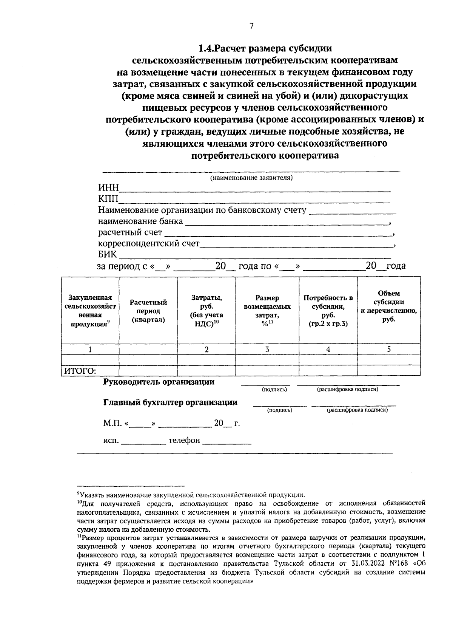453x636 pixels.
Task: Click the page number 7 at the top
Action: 252,26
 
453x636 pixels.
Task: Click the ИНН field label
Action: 108,188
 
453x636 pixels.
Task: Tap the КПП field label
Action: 108,199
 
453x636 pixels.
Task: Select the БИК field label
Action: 108,254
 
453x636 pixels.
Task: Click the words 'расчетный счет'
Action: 130,232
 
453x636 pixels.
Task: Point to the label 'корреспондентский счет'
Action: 149,243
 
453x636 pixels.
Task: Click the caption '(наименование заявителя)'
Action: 251,178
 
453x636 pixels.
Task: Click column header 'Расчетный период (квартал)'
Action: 148,311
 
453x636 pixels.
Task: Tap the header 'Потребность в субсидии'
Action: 328,311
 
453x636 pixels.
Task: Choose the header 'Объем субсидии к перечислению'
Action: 389,306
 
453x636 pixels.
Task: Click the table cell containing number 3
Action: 267,350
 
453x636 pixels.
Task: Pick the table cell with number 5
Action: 388,349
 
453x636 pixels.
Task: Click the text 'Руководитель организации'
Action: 159,382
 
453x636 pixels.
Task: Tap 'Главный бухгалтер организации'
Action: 170,402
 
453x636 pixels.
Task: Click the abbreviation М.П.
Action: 112,423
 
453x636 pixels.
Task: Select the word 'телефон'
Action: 184,440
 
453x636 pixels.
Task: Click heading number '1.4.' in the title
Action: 206,49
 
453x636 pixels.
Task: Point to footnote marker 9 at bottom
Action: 78,493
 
